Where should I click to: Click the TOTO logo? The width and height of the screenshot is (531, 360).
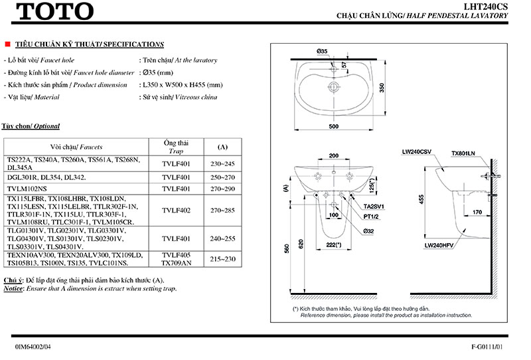(x=54, y=11)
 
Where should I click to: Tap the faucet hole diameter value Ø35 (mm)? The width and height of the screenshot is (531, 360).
(x=157, y=72)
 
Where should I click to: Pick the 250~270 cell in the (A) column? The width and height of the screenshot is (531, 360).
(x=222, y=177)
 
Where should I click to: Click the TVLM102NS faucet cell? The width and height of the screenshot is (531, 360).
(x=31, y=189)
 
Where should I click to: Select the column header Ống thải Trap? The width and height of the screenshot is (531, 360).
(x=177, y=147)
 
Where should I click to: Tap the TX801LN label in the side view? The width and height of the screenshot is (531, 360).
(x=463, y=153)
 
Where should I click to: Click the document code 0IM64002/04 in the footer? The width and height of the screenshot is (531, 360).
(x=33, y=347)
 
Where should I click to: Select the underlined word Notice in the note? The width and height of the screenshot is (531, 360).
(x=13, y=290)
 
